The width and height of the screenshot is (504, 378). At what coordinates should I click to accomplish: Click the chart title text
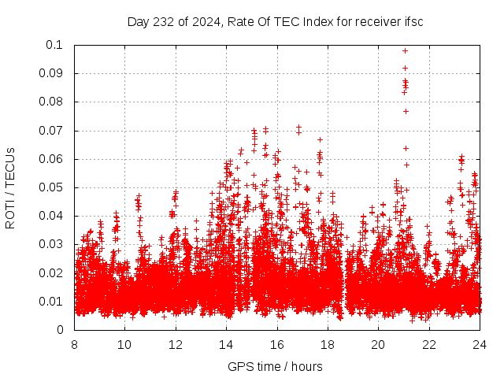(276, 21)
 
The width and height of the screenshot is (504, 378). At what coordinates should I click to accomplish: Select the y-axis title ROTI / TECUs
(10, 187)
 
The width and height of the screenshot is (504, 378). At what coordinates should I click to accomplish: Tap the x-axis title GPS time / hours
(276, 367)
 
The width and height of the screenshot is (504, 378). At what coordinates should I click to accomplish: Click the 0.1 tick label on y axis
(56, 45)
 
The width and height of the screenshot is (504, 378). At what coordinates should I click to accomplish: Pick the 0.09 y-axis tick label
(51, 73)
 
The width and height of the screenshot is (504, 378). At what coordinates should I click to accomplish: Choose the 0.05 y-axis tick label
(51, 187)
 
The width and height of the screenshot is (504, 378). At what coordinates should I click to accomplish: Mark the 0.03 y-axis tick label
(51, 244)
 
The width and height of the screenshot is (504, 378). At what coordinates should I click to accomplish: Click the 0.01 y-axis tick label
(51, 301)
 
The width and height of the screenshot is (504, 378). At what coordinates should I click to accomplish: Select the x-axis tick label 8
(74, 344)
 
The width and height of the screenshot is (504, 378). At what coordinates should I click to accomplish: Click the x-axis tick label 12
(176, 344)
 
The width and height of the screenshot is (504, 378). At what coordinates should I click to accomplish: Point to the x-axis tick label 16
(277, 344)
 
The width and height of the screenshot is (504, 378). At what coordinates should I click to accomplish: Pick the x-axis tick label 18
(328, 344)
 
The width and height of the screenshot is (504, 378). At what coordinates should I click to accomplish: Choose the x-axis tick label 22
(429, 344)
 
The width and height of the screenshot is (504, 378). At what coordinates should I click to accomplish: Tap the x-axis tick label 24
(480, 344)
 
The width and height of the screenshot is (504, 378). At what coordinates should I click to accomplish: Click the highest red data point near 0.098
(405, 50)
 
